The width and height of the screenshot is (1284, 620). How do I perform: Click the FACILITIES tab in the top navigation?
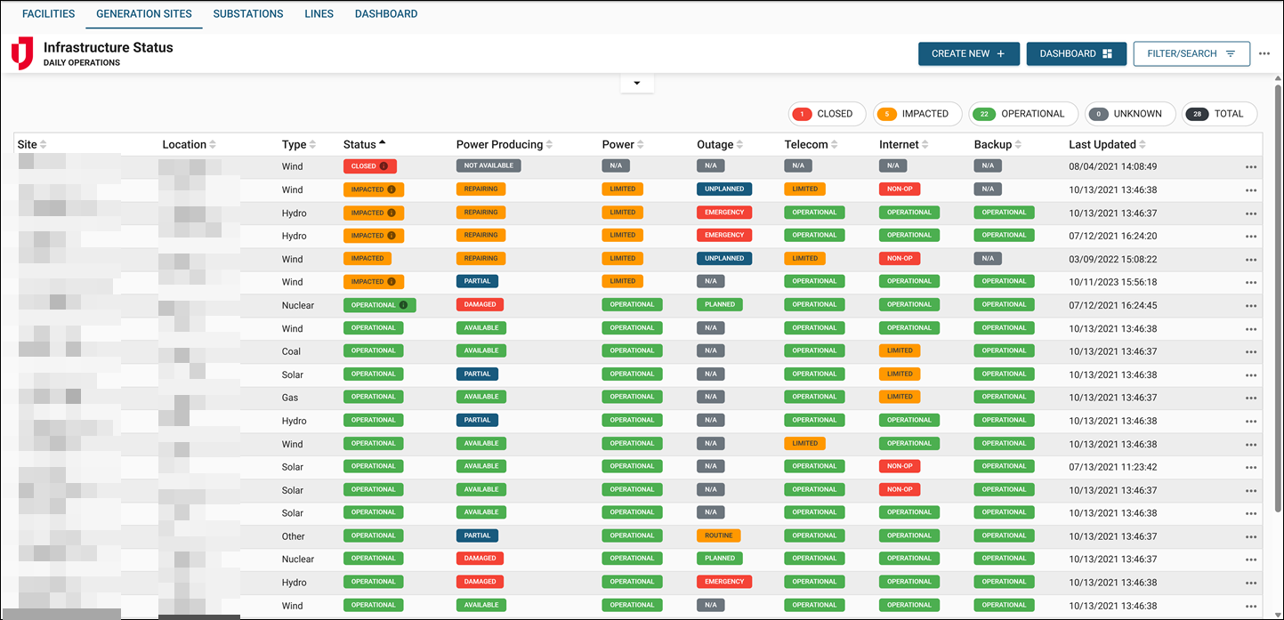48,14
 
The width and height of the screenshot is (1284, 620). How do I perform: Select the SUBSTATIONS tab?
248,14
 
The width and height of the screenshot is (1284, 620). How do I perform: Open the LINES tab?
319,14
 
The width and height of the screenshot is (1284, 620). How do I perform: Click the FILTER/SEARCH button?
1191,53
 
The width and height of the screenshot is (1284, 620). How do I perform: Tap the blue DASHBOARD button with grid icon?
1076,53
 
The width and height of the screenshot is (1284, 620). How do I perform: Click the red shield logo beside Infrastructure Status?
22,53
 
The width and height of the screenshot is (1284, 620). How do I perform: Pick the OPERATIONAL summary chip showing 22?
1022,114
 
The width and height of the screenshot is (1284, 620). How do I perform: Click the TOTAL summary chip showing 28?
1219,114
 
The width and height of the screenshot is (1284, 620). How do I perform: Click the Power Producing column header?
499,145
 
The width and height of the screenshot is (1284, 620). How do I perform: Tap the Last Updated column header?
1102,145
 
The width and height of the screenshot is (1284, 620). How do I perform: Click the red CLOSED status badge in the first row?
369,166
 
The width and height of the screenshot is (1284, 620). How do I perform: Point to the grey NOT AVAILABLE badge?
489,165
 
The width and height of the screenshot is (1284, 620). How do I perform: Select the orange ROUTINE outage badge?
718,535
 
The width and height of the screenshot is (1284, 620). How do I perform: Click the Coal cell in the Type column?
291,351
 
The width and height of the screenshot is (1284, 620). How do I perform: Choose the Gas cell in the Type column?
290,398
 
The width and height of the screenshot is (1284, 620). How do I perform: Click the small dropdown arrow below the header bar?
636,84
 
